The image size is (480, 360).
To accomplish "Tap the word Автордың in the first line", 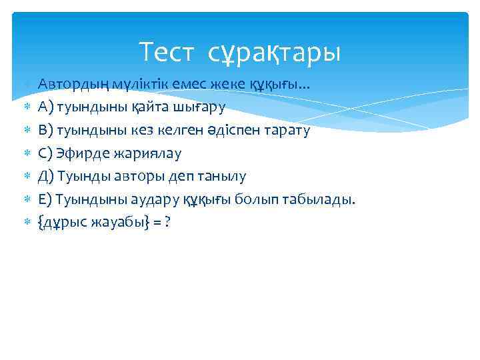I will [66, 84].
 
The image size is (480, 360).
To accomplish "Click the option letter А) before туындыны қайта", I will [45, 107].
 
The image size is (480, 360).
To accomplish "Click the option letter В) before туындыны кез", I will [45, 130].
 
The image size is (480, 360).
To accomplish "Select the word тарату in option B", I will [288, 130].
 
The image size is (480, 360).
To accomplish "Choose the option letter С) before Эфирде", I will [45, 153].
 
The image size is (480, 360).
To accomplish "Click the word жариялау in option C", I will [150, 153].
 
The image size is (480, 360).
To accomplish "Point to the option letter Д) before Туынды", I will [46, 177].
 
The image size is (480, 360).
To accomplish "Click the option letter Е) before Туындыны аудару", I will [45, 199].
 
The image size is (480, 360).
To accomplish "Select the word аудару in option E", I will [141, 199].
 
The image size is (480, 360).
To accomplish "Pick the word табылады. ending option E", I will [322, 199].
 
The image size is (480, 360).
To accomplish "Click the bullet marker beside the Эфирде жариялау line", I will [27, 153].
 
